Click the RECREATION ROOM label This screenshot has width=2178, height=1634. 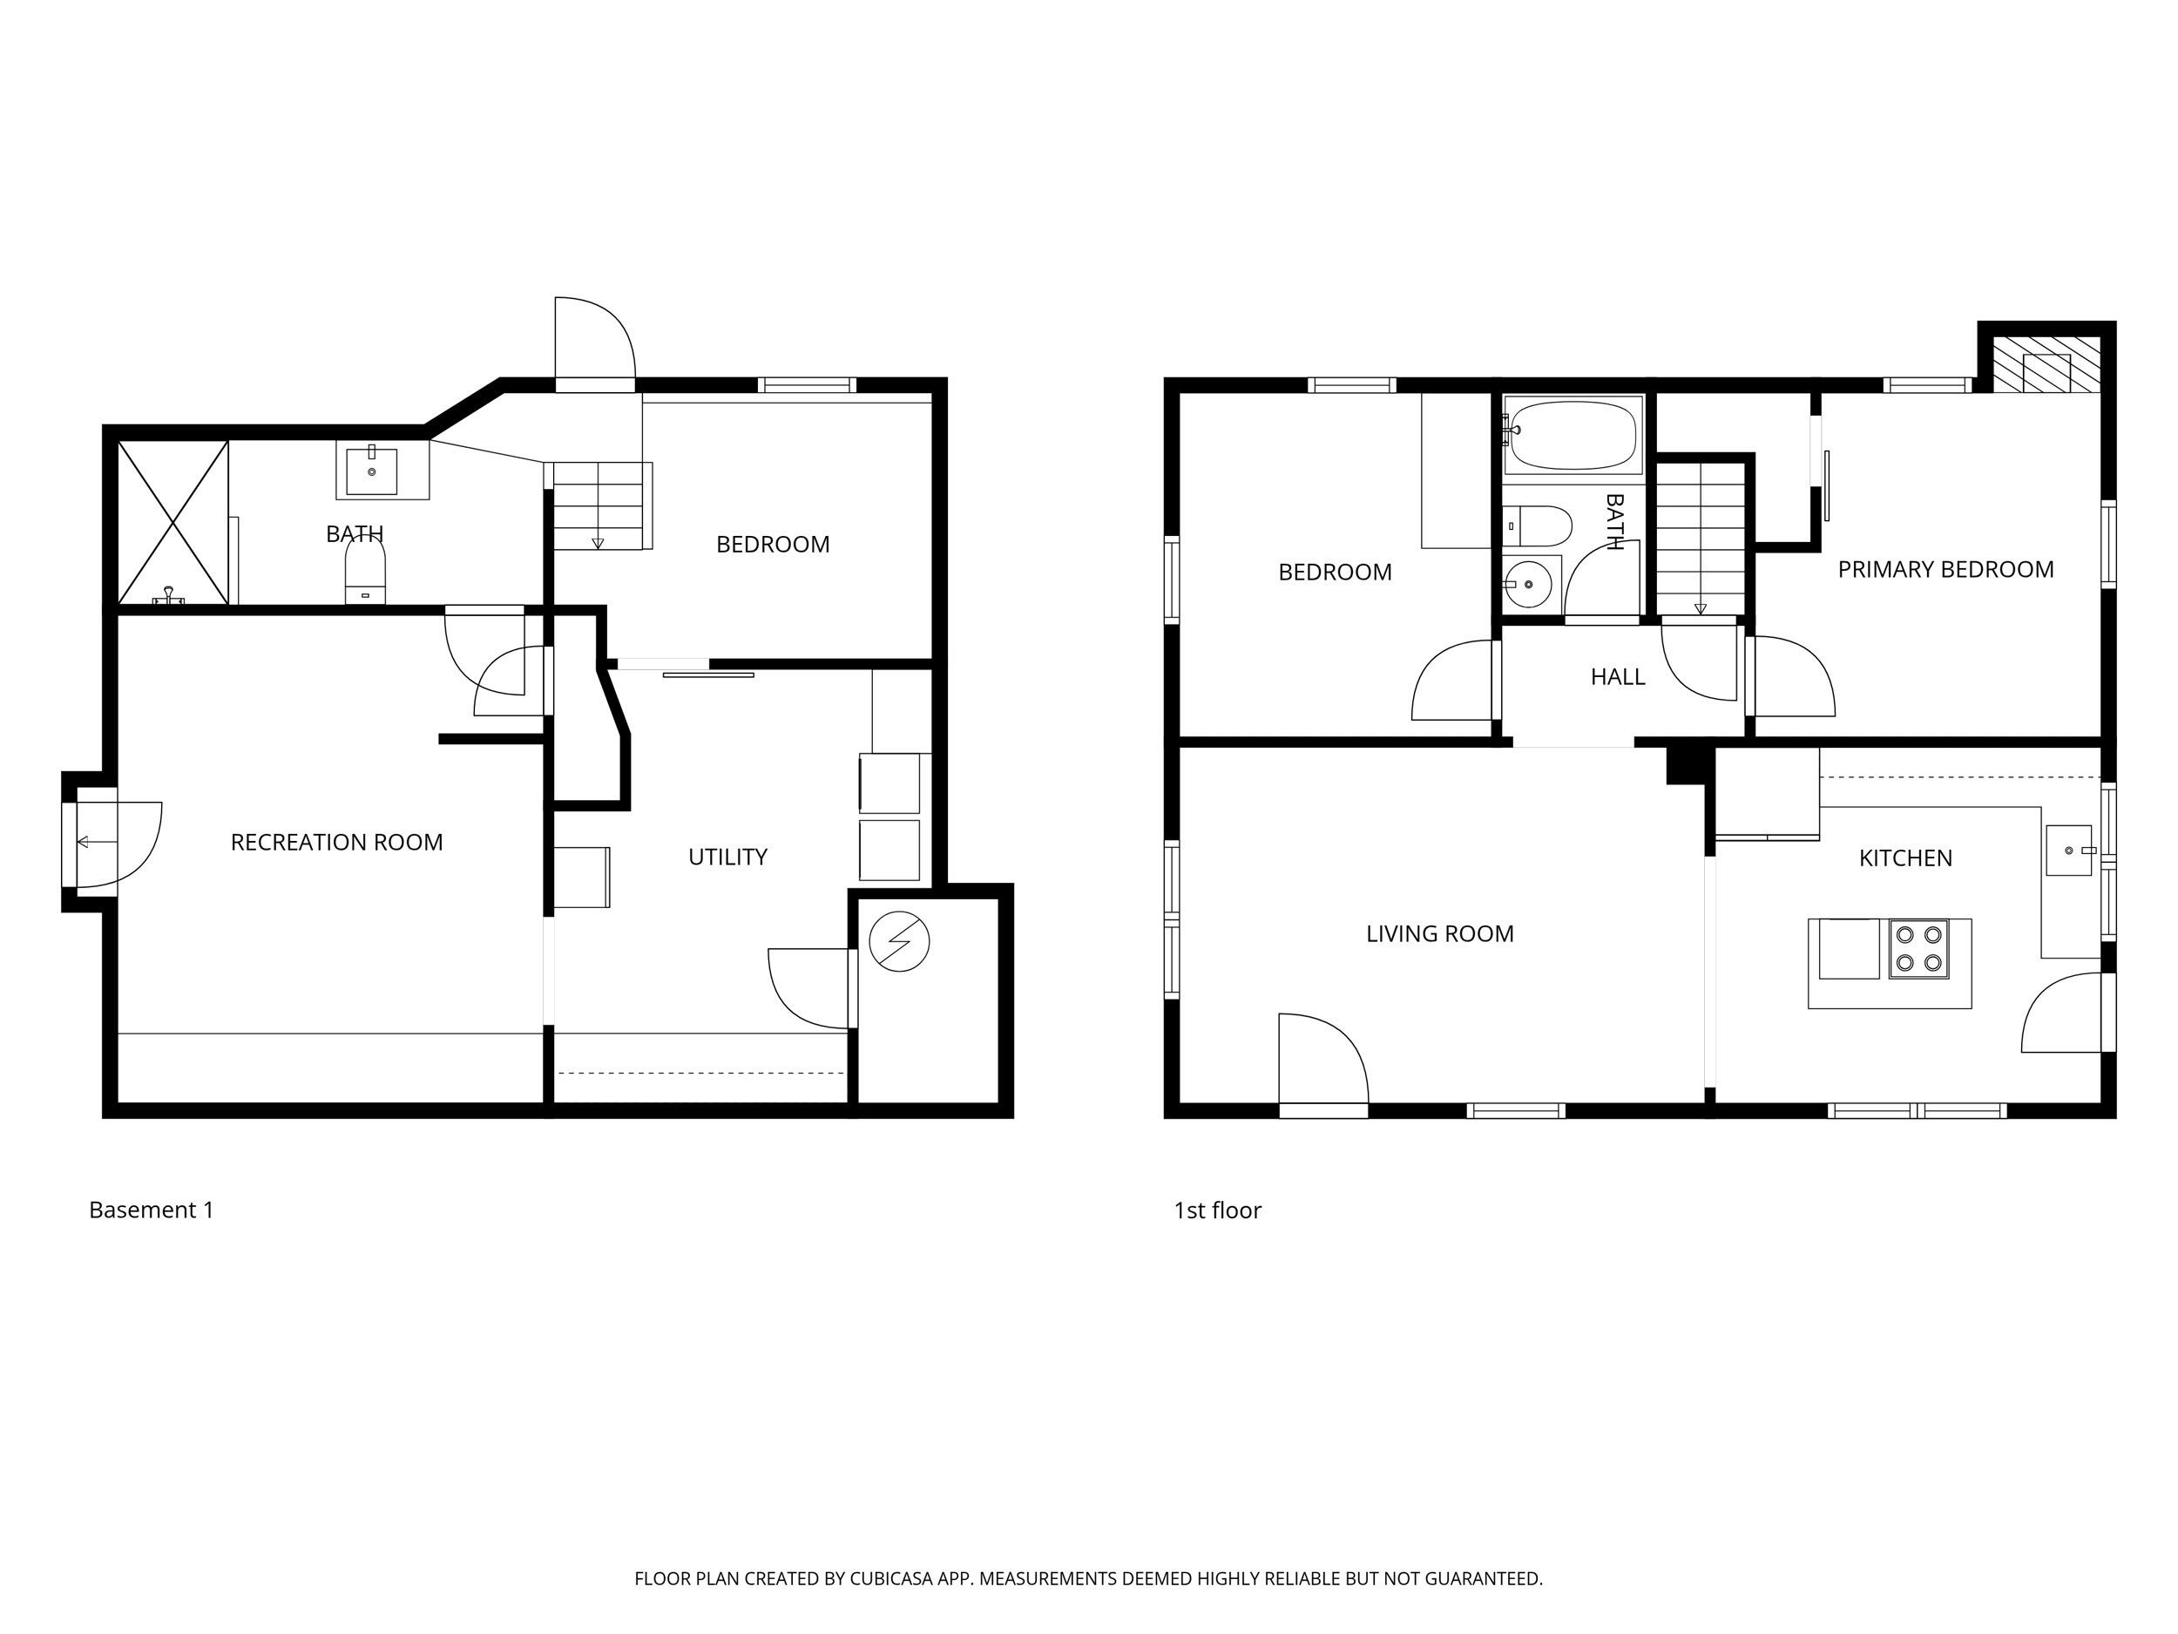point(337,842)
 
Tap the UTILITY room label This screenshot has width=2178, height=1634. point(727,857)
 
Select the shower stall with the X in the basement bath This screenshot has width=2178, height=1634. point(173,522)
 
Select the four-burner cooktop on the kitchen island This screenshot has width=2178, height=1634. point(1918,948)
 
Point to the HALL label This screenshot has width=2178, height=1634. point(1618,676)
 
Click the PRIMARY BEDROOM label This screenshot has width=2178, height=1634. point(1945,569)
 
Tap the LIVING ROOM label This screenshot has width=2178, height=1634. point(1439,933)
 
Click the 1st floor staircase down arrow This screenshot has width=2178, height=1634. point(1701,607)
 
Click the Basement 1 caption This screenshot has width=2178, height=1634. point(152,1210)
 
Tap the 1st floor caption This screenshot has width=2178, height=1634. point(1217,1210)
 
